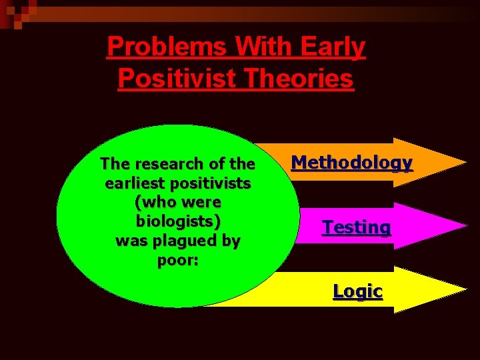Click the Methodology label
(x=352, y=162)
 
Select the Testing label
(x=357, y=227)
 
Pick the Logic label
(x=358, y=291)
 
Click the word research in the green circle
(x=169, y=163)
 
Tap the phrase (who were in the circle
(x=177, y=202)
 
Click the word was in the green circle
(x=129, y=241)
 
